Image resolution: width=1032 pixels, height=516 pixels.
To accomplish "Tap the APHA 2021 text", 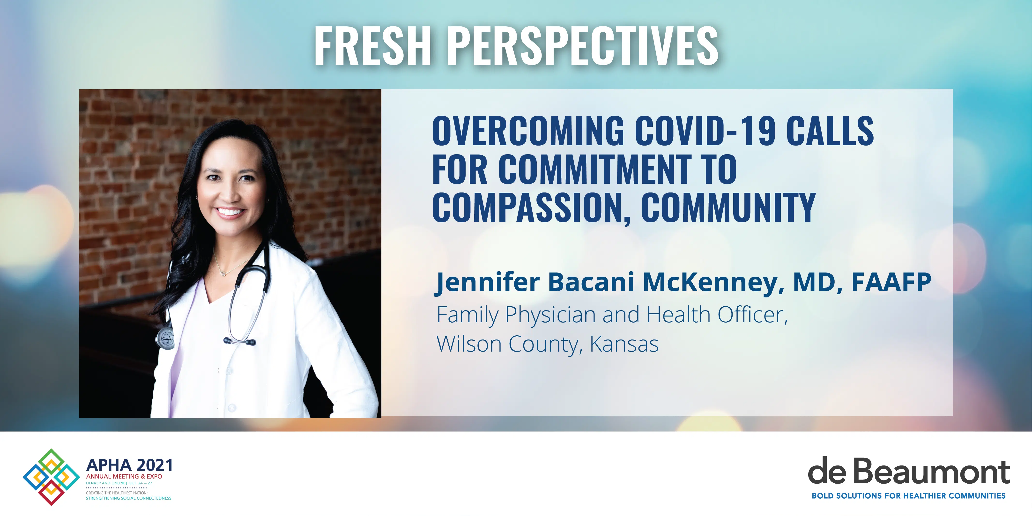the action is [x=129, y=465].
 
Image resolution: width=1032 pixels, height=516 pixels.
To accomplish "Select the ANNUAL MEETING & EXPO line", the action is [x=124, y=476].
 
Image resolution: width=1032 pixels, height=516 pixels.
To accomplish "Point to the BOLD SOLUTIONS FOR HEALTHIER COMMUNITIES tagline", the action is [x=909, y=496].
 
